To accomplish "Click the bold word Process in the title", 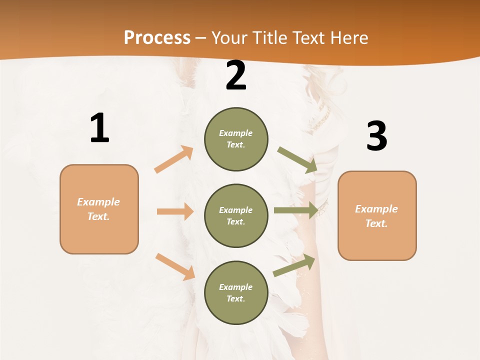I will click(x=157, y=37).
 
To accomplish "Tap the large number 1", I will click(x=99, y=128).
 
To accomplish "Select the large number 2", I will click(x=236, y=76).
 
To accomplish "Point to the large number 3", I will click(x=376, y=136).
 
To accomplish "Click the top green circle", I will click(x=236, y=139).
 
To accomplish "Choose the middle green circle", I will click(x=236, y=215).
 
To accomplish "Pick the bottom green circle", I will click(x=236, y=292).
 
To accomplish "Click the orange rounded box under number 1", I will click(x=99, y=209).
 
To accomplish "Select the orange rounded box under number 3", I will click(x=377, y=215).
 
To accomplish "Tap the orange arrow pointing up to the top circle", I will click(x=174, y=159).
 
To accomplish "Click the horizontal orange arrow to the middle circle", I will click(x=175, y=211).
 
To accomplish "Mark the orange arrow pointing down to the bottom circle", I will click(x=175, y=266).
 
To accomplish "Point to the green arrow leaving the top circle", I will click(x=297, y=160).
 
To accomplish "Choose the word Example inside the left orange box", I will click(x=98, y=202).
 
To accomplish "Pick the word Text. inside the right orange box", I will click(x=376, y=223).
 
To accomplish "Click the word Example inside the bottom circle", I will click(x=236, y=287).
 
